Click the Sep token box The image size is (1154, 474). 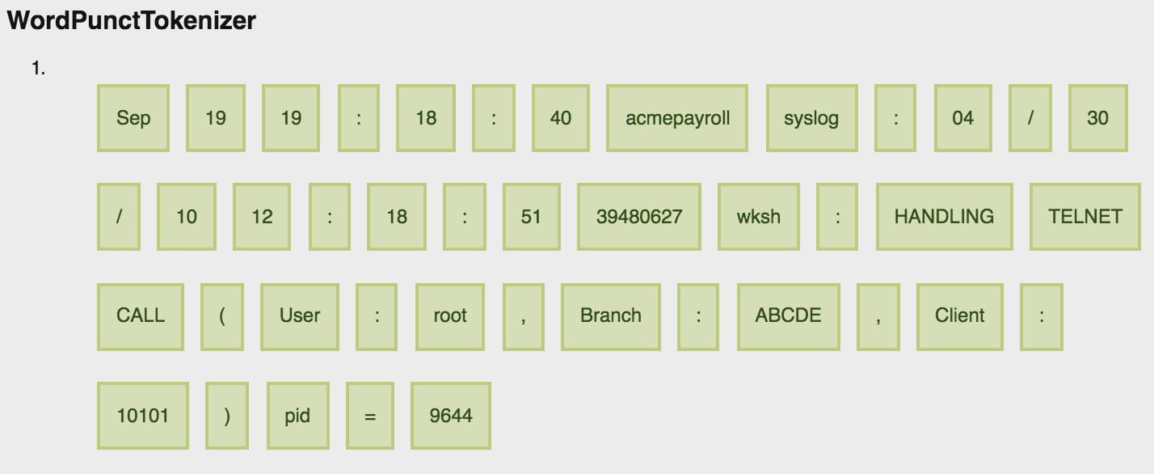133,118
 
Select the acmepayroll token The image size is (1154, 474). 677,118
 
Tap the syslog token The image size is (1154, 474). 811,118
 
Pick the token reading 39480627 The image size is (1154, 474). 639,217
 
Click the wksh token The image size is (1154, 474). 759,217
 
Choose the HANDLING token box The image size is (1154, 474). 944,217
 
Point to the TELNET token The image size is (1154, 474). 1085,217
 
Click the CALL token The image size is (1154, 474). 141,316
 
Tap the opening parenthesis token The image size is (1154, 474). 222,316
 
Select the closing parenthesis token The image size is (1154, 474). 227,416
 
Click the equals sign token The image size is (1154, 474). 370,416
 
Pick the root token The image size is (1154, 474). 450,316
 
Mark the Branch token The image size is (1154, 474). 611,316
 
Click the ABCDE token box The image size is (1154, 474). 788,316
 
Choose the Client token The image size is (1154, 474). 960,316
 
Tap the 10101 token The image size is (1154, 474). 143,416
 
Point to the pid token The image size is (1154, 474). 297,416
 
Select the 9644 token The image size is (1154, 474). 451,416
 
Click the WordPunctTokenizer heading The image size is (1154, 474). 131,21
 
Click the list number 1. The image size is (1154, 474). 38,69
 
